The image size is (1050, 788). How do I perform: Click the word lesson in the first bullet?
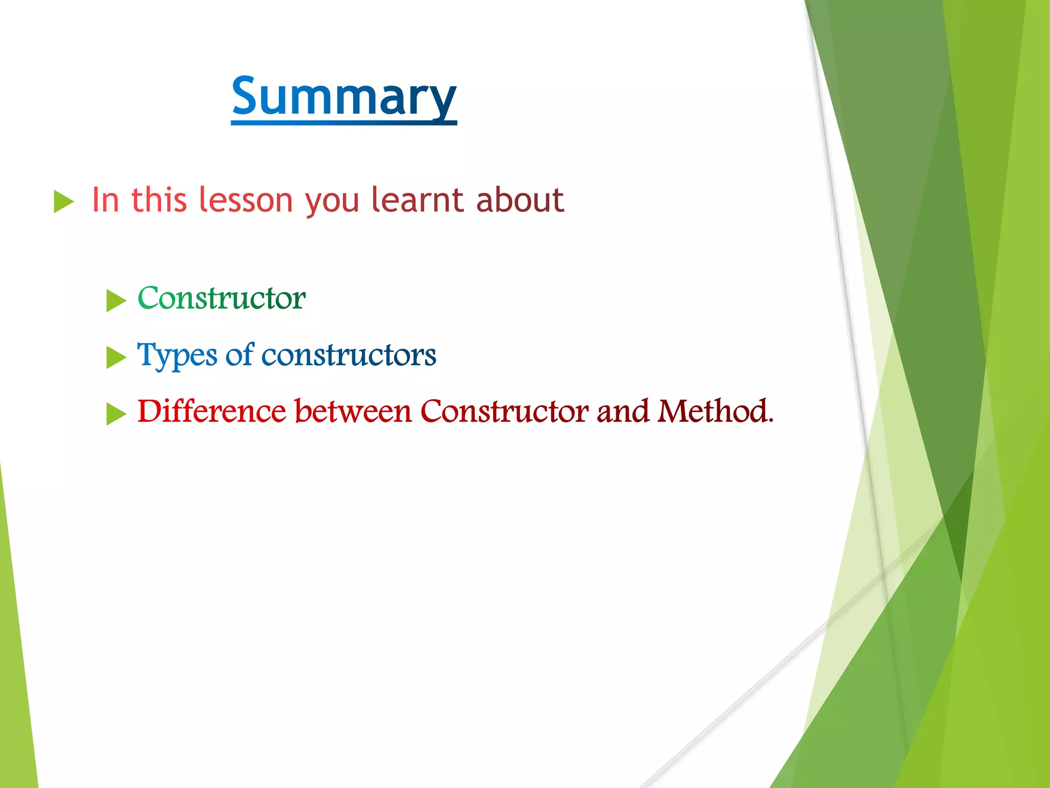(245, 200)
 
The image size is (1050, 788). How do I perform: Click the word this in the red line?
(158, 200)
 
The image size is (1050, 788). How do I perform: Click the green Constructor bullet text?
(221, 298)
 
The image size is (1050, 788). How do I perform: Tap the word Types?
(177, 356)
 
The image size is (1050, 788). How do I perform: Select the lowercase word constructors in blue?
(349, 355)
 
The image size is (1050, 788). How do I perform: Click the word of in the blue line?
(239, 354)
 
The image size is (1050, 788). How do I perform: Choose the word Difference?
(211, 411)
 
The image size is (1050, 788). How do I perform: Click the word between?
(353, 411)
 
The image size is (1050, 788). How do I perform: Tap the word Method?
(715, 411)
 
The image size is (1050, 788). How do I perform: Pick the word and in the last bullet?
(622, 411)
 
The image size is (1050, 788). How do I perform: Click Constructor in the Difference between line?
(504, 411)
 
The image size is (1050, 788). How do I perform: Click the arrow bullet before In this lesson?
(64, 202)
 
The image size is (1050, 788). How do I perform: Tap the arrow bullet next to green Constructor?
(116, 301)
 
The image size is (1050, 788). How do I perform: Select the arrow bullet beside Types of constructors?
(116, 358)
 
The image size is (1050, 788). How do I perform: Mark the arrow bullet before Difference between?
(116, 414)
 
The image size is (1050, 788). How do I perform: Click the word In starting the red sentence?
(106, 200)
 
